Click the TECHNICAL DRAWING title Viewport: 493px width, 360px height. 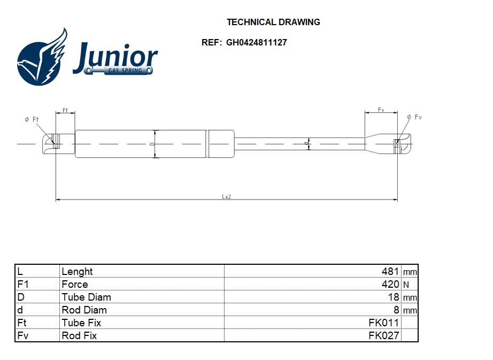[x=273, y=22]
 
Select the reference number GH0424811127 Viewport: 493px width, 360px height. [x=256, y=43]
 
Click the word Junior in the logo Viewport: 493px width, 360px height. [x=115, y=56]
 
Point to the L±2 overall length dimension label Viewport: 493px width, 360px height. [x=227, y=197]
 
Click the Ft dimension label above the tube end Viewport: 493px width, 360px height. [x=65, y=110]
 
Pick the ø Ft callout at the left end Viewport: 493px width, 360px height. [x=32, y=119]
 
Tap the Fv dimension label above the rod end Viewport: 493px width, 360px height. [x=381, y=110]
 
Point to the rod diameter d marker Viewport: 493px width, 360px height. [x=307, y=144]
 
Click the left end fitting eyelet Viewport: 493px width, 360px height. [x=53, y=143]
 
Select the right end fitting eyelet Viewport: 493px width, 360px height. [x=397, y=143]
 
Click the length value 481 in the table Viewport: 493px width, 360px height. [x=390, y=272]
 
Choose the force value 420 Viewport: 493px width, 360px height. [x=390, y=285]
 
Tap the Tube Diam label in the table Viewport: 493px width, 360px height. [x=86, y=297]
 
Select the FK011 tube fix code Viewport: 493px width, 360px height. [x=383, y=323]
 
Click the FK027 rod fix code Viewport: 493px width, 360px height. [x=383, y=336]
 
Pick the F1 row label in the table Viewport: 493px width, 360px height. [x=22, y=285]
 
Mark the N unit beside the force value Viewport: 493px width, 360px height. [x=406, y=285]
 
